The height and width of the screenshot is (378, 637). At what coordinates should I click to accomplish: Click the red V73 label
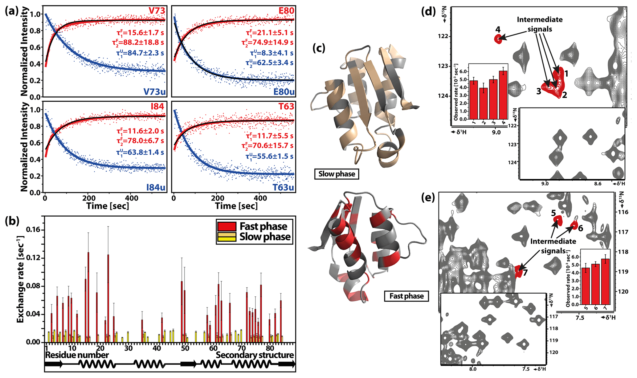[157, 11]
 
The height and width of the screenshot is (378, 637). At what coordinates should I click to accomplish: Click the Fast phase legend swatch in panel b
[227, 226]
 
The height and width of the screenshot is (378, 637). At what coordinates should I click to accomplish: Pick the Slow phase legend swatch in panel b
[227, 237]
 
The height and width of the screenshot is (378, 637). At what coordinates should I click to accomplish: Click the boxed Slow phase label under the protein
[337, 174]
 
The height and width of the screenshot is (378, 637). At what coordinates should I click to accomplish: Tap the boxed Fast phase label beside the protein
[406, 296]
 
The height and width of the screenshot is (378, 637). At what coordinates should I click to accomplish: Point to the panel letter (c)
[319, 48]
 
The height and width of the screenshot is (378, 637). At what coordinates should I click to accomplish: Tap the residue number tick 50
[185, 348]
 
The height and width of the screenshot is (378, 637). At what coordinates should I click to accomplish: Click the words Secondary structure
[255, 355]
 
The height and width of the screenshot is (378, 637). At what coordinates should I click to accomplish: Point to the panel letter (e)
[428, 197]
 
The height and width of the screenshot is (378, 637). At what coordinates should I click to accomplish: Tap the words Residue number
[77, 355]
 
